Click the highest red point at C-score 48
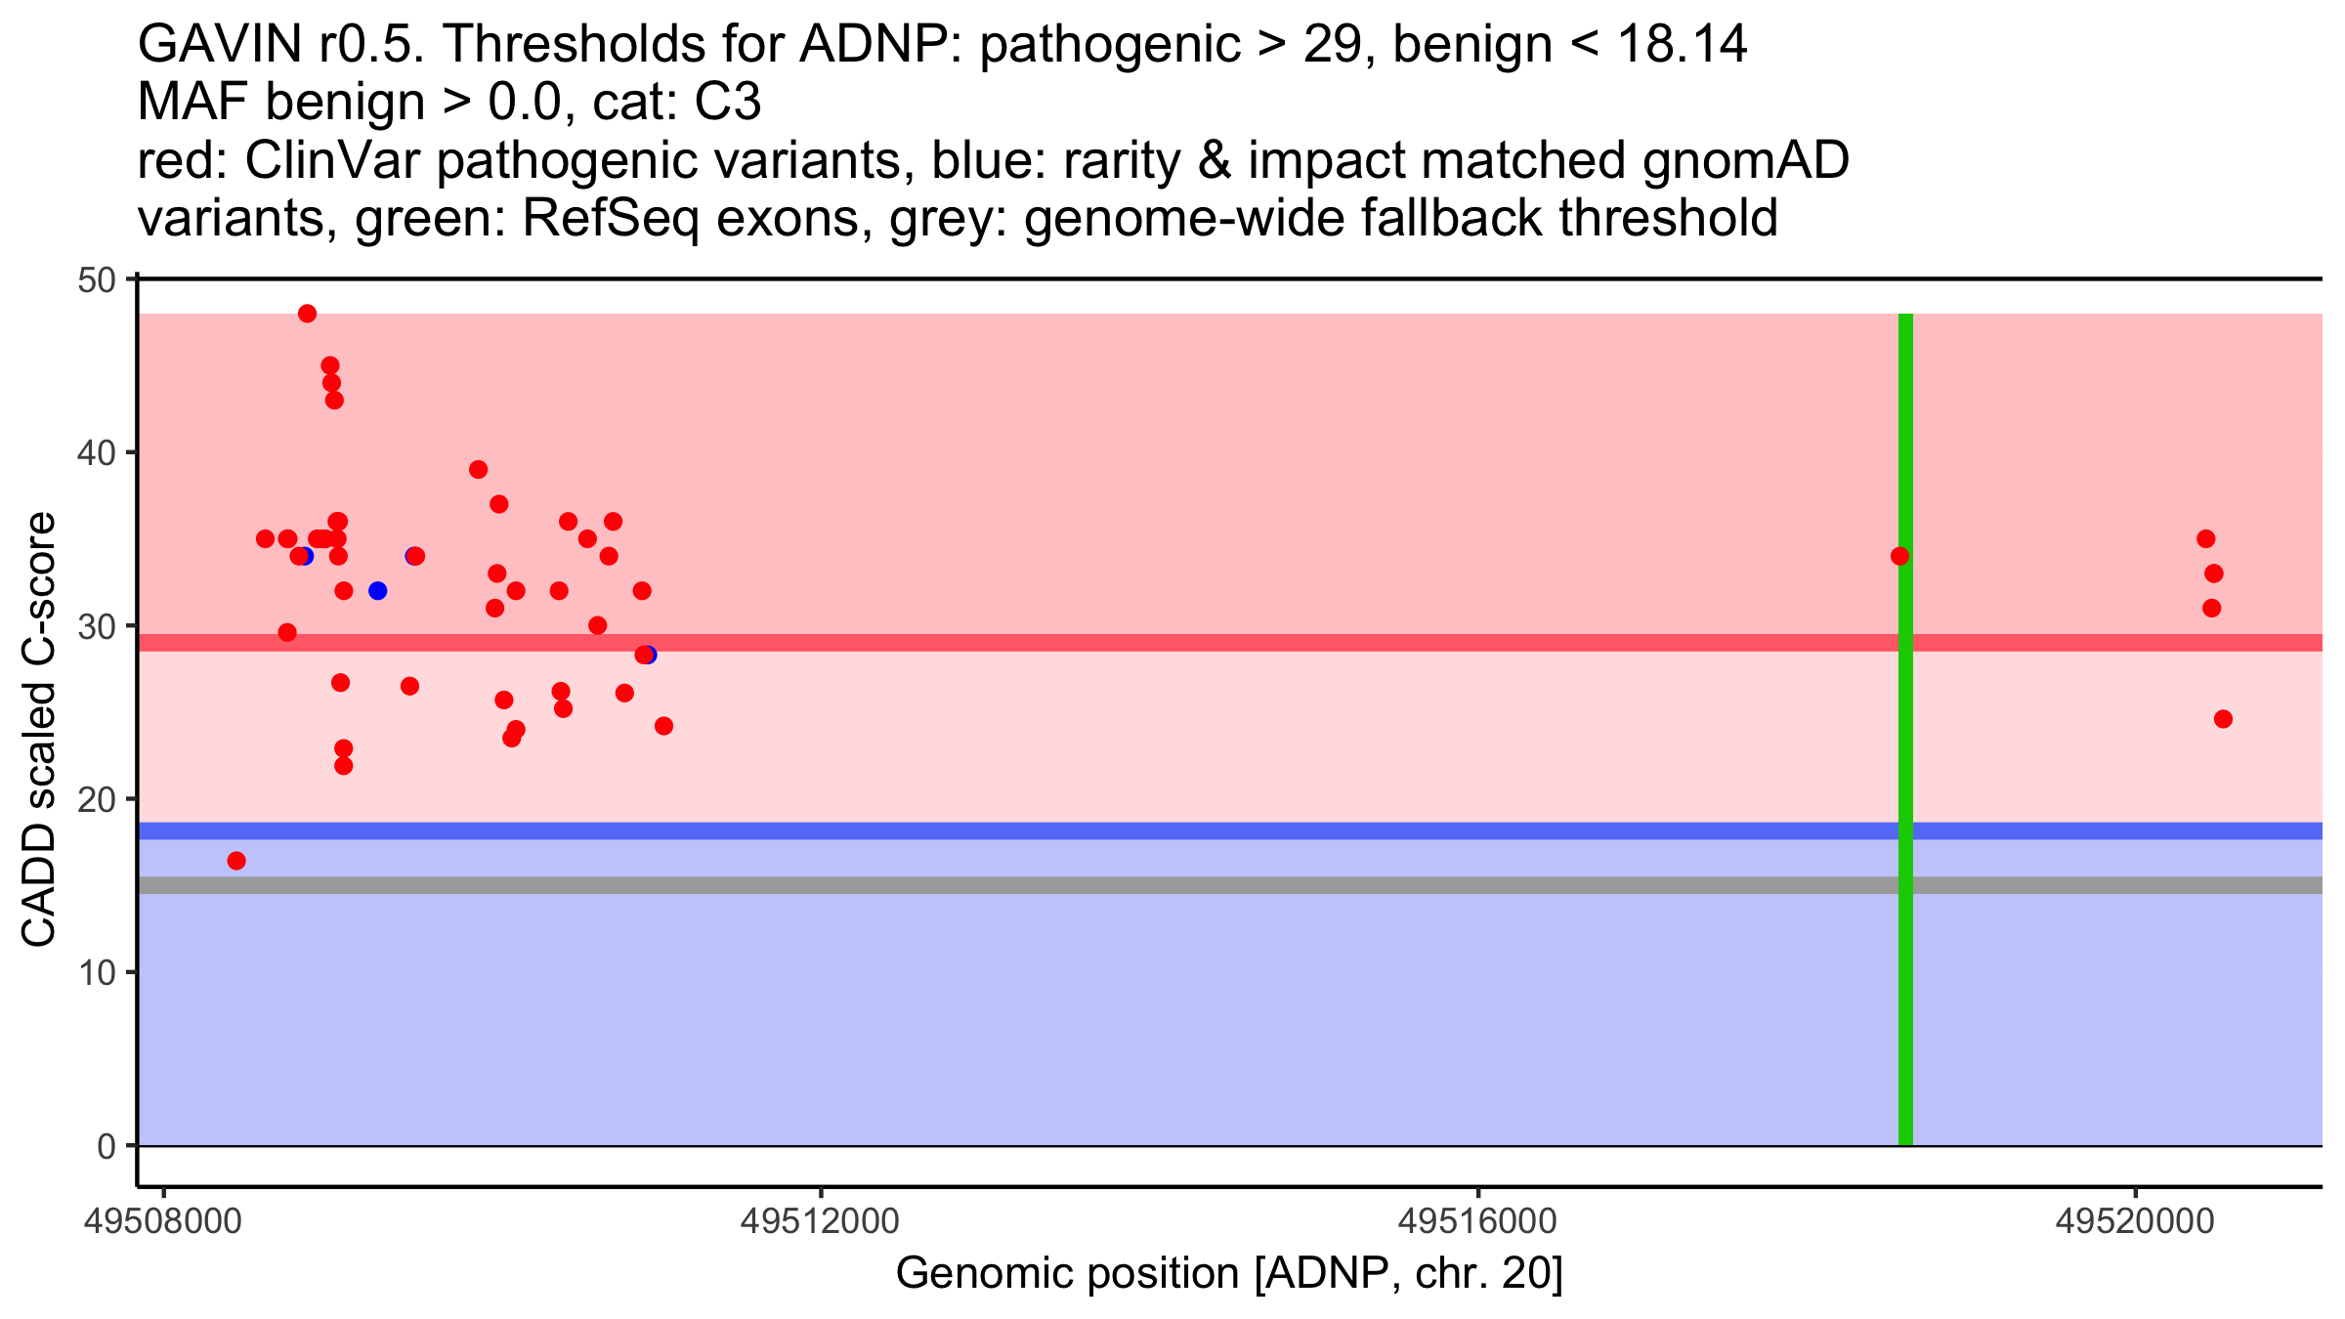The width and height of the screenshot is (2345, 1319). tap(307, 314)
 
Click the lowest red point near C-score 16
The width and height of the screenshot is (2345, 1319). tap(236, 861)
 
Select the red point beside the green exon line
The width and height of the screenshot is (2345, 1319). tap(1899, 556)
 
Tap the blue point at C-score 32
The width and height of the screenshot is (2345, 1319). tap(378, 591)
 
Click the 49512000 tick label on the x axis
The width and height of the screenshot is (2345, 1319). tap(821, 1222)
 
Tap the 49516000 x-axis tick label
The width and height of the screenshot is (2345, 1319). tap(1477, 1222)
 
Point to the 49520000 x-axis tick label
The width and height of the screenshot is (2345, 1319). tap(2134, 1222)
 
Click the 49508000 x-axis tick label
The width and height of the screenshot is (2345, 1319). tap(164, 1222)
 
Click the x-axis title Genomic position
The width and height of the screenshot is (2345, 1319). tap(1229, 1274)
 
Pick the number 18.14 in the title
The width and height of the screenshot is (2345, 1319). tap(1682, 45)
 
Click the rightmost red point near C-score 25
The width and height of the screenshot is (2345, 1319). tap(2223, 719)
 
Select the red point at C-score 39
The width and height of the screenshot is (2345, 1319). tap(478, 470)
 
